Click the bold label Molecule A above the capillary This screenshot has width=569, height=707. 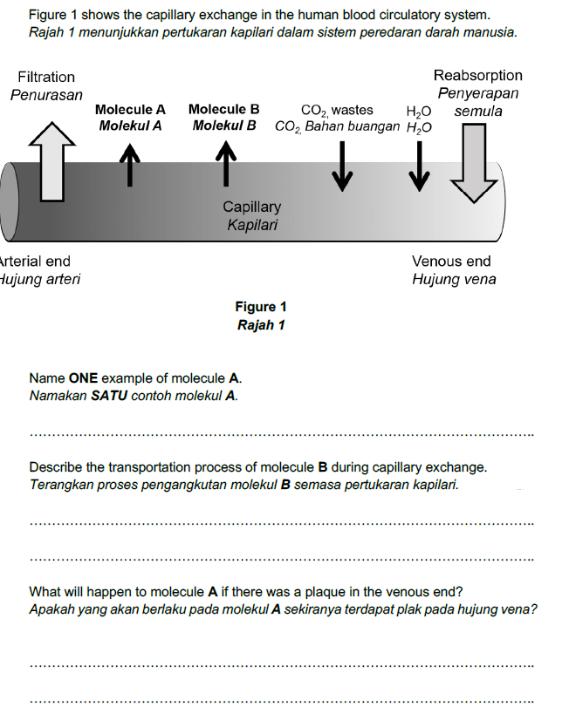click(130, 110)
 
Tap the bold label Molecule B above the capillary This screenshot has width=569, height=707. click(223, 110)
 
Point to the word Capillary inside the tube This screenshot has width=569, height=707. click(251, 207)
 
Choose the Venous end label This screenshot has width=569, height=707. click(451, 261)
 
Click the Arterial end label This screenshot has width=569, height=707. click(35, 261)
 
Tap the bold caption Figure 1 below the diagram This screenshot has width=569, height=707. click(261, 307)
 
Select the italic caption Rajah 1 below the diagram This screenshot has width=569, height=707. click(261, 325)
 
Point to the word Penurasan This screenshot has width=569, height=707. click(46, 94)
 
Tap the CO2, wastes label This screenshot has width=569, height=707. click(337, 110)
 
